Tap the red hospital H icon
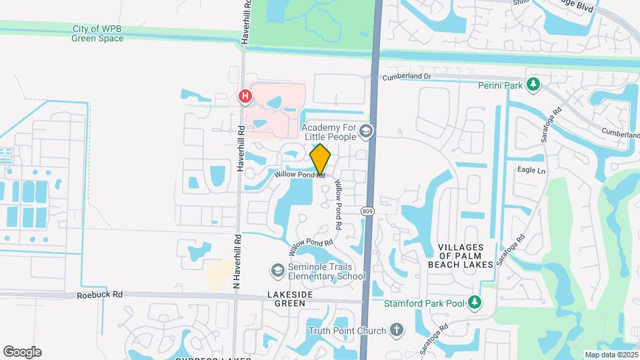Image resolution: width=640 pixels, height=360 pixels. [x=245, y=97]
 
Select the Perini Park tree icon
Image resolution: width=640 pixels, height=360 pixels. [x=533, y=85]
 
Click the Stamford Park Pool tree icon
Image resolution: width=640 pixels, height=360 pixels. [x=474, y=303]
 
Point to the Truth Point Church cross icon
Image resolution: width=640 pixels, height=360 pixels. [x=396, y=330]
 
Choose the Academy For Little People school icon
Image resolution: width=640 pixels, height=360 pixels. [x=365, y=131]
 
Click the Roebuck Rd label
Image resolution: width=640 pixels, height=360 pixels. [x=100, y=293]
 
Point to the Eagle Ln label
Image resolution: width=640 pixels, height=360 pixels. [x=531, y=170]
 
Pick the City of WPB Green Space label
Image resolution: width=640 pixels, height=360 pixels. [x=97, y=33]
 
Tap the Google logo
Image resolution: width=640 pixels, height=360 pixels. [x=22, y=352]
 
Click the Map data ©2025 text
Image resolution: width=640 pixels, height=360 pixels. [x=611, y=355]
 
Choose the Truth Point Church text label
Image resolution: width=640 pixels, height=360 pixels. [x=347, y=331]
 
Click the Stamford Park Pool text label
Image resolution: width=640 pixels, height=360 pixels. [x=424, y=304]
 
